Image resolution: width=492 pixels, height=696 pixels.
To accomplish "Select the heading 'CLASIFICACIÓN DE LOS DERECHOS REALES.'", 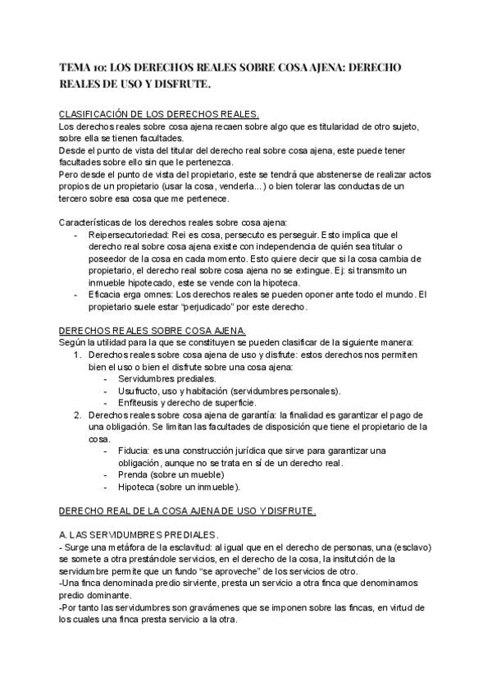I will coord(160,114).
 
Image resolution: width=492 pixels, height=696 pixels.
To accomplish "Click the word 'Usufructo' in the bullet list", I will coord(141,391).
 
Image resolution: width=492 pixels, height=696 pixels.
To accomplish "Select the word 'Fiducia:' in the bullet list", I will coord(136,451).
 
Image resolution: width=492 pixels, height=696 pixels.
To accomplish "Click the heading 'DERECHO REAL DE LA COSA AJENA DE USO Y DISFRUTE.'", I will coord(188,511).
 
